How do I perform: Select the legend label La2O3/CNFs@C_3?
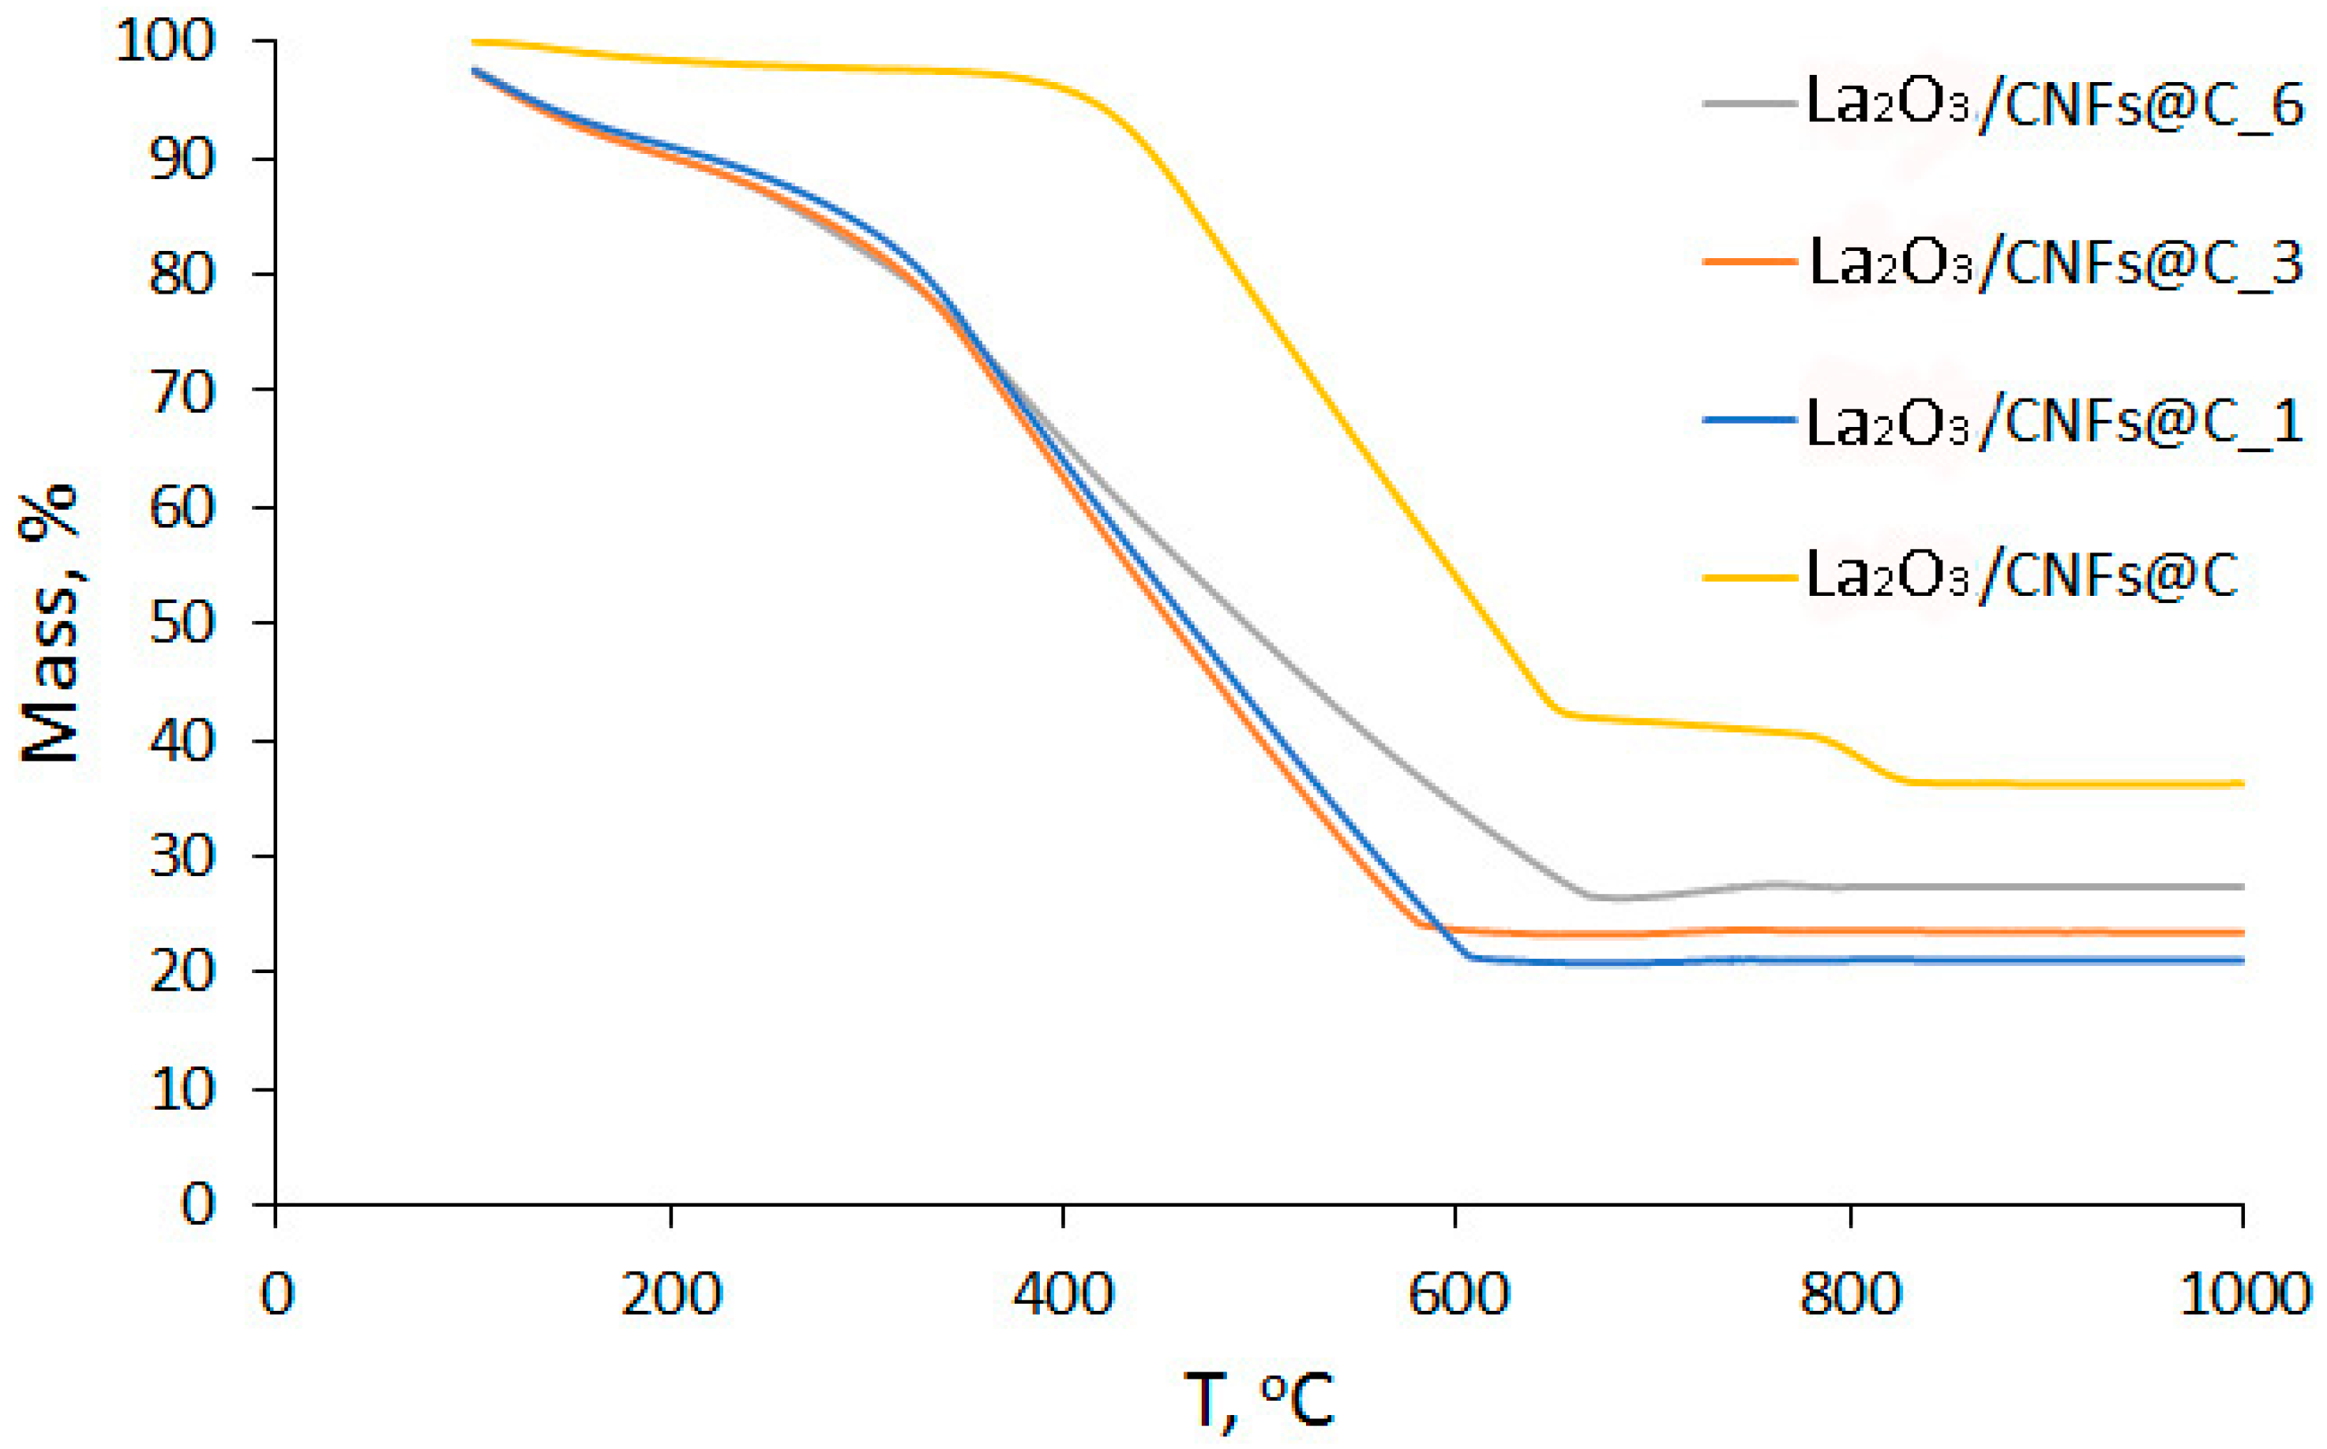click(2054, 263)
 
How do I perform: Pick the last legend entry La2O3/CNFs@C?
click(2021, 576)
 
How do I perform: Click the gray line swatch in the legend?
click(1749, 103)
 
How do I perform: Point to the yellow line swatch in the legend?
click(1749, 577)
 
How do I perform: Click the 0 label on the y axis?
click(198, 1204)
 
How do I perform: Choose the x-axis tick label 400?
click(1064, 1294)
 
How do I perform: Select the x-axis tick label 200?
click(670, 1294)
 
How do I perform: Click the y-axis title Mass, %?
click(50, 623)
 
